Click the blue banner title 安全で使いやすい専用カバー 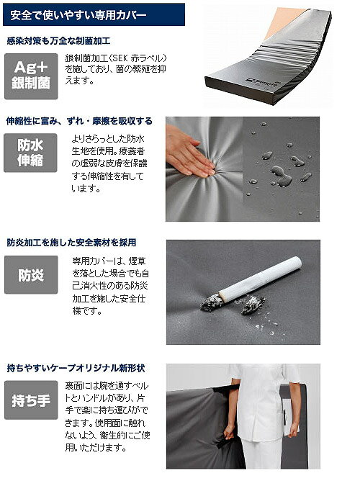click(78, 15)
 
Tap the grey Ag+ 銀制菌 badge click(31, 76)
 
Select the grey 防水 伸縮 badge click(30, 153)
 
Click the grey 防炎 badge click(31, 275)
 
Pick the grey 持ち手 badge click(31, 400)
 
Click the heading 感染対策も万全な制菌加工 click(58, 41)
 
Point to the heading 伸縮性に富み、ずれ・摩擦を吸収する click(79, 121)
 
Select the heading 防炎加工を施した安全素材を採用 click(71, 243)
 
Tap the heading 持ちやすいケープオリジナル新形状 click(76, 368)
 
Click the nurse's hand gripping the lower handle click(229, 432)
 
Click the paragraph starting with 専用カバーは click(110, 286)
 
